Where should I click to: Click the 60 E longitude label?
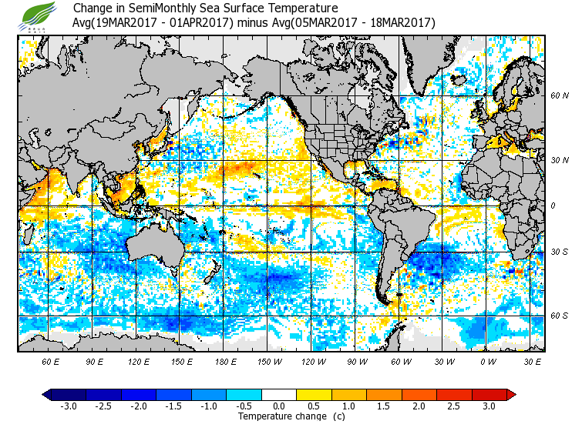[x=50, y=361]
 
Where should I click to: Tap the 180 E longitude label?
[x=226, y=361]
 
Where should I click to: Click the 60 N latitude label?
[x=560, y=96]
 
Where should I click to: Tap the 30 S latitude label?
[x=560, y=252]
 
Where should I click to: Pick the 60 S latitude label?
[x=560, y=316]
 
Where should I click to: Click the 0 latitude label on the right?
[x=553, y=205]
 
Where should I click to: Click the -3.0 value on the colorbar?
[x=68, y=406]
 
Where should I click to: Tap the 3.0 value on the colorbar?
[x=489, y=406]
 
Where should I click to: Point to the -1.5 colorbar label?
[x=174, y=406]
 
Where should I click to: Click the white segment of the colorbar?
[x=279, y=394]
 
